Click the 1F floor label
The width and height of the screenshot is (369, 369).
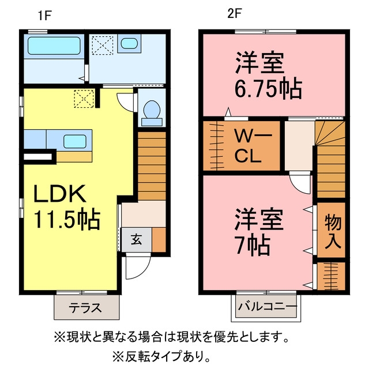[45, 16]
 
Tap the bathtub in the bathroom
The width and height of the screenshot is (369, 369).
[54, 46]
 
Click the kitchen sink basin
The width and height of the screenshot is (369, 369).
[75, 141]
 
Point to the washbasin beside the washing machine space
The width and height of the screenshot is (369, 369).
[129, 44]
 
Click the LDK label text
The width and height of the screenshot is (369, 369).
[60, 194]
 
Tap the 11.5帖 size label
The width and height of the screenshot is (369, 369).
[67, 219]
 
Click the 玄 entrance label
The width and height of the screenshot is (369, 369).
[137, 240]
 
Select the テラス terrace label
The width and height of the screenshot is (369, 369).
[85, 307]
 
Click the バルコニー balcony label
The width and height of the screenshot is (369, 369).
[267, 307]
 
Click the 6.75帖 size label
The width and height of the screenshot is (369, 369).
[268, 89]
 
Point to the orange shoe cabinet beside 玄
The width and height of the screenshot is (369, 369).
[159, 240]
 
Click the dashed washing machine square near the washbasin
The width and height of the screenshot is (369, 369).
[103, 45]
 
